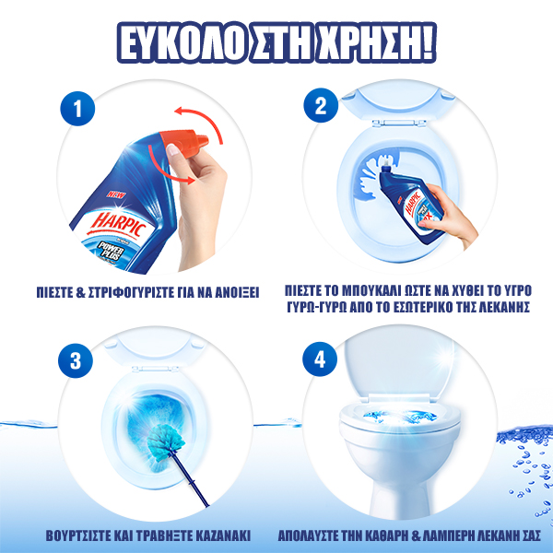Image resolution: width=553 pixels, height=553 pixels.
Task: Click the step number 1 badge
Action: [77, 109]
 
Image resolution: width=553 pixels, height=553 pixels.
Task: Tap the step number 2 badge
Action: [321, 105]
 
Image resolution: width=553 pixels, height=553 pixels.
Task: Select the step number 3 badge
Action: [76, 360]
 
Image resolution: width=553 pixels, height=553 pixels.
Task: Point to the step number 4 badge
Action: [320, 359]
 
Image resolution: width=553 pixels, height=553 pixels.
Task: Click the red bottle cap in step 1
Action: [183, 143]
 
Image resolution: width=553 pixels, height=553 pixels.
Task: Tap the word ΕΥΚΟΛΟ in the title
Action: [181, 43]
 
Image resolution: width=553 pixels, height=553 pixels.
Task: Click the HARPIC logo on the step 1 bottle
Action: [119, 224]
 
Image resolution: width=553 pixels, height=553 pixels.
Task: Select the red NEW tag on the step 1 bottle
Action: [116, 194]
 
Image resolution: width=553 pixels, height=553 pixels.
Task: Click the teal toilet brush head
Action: [165, 442]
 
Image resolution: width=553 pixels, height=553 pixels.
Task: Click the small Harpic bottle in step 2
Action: [410, 200]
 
